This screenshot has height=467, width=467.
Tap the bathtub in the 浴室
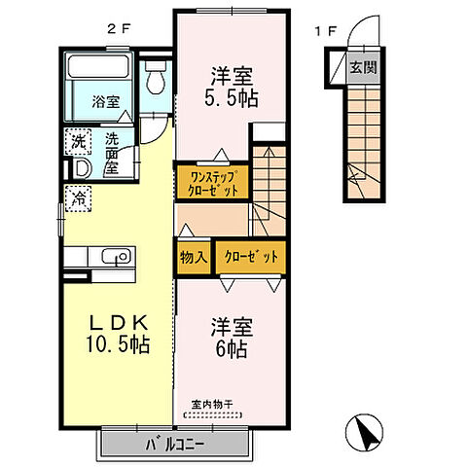(98, 66)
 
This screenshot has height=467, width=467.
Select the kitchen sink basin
(117, 256)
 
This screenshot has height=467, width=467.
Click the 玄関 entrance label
(364, 67)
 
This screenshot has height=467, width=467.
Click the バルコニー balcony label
(175, 446)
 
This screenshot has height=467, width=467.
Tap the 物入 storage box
(194, 257)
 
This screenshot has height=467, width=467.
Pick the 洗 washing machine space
(78, 142)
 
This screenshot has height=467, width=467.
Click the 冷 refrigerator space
(78, 198)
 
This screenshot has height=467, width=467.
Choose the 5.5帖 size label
(232, 97)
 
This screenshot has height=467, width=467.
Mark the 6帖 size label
(232, 348)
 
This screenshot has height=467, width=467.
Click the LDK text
(119, 322)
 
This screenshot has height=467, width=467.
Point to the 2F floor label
(119, 29)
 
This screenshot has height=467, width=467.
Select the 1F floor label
(325, 31)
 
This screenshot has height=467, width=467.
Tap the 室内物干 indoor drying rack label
(212, 405)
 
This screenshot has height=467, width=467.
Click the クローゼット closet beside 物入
(251, 257)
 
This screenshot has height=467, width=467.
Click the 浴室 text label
(106, 102)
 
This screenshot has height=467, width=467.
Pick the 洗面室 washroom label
(112, 154)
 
